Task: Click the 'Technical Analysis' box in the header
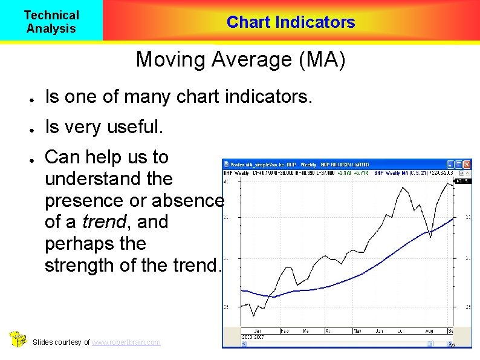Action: pos(51,21)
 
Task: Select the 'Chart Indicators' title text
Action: pos(291,22)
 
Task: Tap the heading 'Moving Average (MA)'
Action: pos(241,60)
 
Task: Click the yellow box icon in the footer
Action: pos(19,339)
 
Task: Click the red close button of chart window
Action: pos(467,164)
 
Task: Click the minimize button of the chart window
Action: pos(450,164)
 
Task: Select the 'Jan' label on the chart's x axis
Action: pos(258,331)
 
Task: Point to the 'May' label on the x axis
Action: pos(357,331)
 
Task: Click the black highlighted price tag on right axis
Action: pos(464,181)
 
